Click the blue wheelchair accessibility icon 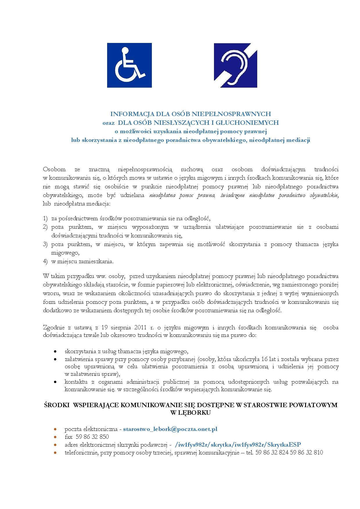[129, 65]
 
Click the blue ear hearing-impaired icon [235, 65]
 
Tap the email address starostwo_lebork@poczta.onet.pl [170, 429]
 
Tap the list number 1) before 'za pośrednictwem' [45, 218]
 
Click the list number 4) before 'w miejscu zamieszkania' [45, 261]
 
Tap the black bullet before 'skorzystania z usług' [55, 351]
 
